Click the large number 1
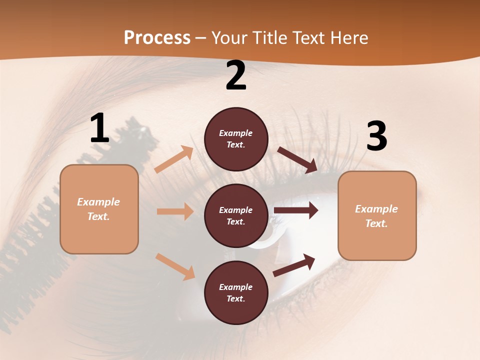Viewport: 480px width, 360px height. [x=99, y=128]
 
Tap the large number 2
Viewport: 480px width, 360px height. [x=236, y=76]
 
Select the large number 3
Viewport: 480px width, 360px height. [x=376, y=136]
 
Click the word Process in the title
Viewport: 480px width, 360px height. [x=157, y=37]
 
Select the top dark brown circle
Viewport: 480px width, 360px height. [x=236, y=139]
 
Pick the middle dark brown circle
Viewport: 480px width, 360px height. [x=236, y=215]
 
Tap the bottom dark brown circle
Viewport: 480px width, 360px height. [x=236, y=292]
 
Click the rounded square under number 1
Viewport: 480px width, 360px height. [x=99, y=209]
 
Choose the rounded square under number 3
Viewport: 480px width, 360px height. [x=377, y=215]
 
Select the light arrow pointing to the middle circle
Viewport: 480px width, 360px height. [x=175, y=211]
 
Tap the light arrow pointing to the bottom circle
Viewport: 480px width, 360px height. [x=175, y=266]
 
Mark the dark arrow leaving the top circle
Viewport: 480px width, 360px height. [x=297, y=160]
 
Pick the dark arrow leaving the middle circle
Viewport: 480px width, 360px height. [x=296, y=210]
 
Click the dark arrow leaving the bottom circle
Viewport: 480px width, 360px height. [x=294, y=265]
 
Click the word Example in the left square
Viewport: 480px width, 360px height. [x=98, y=202]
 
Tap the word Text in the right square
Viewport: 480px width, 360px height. [x=376, y=223]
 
